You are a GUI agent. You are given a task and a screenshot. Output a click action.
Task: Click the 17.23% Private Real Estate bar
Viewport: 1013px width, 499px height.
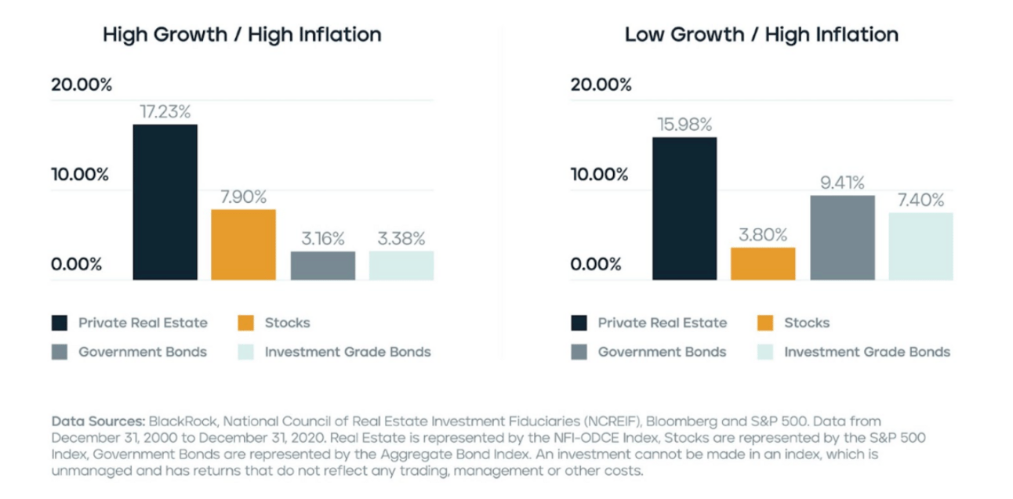pos(165,201)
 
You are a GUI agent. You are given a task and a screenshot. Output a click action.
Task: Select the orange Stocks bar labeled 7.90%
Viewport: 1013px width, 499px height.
pos(243,244)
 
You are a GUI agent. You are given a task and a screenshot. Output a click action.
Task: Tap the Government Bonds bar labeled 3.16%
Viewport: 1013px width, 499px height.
pos(322,266)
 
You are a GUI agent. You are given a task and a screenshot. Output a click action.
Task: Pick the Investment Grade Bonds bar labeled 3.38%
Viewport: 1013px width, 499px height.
pos(401,266)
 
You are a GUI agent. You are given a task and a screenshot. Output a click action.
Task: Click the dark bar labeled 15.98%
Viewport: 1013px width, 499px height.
pos(684,208)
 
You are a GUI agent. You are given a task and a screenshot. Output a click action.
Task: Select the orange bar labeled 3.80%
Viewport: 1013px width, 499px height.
pos(763,263)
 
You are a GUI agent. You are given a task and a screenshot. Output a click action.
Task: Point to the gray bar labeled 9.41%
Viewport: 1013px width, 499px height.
pos(842,237)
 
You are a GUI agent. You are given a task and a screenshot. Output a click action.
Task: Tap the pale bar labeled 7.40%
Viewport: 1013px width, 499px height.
pos(920,246)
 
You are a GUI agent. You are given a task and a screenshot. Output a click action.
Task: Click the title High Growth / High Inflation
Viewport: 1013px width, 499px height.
pos(242,35)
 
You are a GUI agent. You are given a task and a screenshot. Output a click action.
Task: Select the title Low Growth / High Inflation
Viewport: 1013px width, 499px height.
pos(761,35)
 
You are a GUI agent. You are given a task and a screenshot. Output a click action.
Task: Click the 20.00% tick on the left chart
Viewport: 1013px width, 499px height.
pos(82,85)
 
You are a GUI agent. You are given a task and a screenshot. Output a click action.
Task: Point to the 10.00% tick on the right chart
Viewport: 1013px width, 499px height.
pos(600,174)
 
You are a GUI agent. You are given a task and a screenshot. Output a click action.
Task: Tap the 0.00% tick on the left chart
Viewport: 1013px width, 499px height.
pos(76,263)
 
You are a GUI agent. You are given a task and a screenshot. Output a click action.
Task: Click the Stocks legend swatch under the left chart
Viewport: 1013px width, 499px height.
pos(246,323)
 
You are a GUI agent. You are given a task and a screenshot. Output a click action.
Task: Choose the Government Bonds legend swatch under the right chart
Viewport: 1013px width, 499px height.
pos(579,352)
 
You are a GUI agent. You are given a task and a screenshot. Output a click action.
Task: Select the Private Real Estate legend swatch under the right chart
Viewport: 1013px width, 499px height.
pos(579,323)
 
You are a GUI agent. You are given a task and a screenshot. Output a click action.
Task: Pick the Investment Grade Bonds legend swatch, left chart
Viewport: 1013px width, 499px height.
pos(246,352)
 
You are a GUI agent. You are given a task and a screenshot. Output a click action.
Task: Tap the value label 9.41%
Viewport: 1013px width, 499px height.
pos(842,183)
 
